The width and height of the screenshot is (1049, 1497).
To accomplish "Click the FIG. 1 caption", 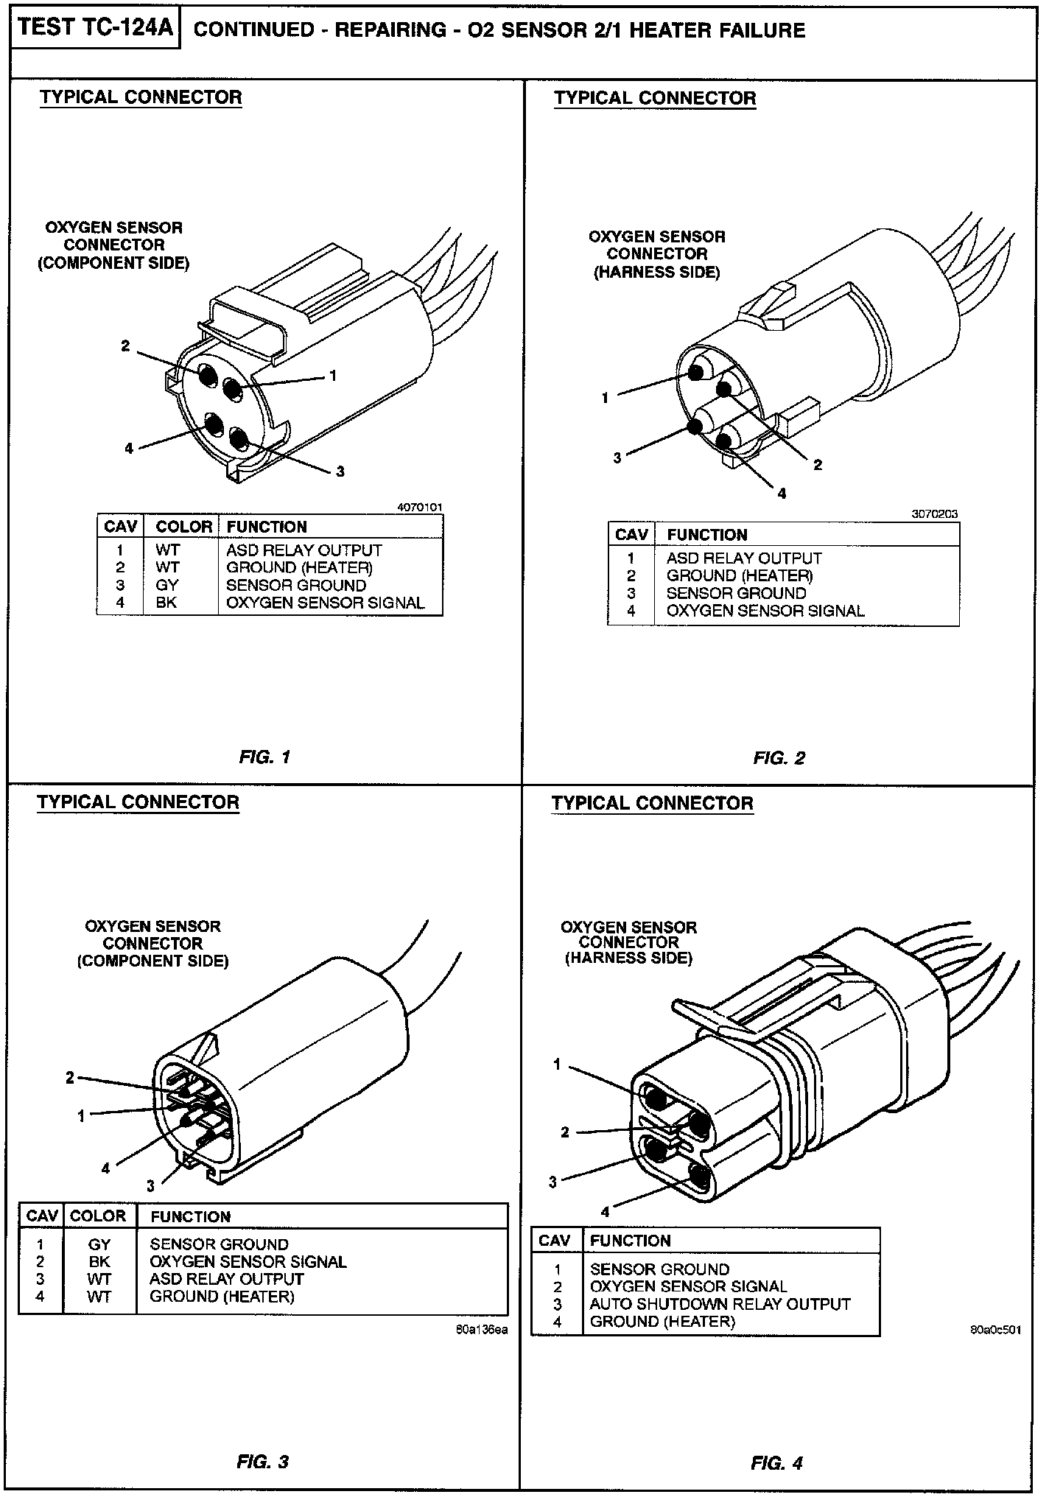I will pos(264,757).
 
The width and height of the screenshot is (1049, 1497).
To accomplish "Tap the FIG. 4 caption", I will pos(777,1463).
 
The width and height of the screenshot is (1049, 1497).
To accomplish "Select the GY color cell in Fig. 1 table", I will pos(166,585).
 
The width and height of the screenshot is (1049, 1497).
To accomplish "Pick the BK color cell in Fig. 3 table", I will pos(99,1261).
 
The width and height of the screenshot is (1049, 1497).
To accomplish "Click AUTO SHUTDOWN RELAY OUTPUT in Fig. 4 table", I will pos(720,1304).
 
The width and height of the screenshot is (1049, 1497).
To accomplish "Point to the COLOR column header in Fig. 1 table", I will pos(183,527).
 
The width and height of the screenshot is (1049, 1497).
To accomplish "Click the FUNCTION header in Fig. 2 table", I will pos(706,535).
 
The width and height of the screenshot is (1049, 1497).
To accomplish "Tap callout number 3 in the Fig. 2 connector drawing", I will pos(617,457).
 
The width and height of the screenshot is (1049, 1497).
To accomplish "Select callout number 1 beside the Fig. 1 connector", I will pos(333,376).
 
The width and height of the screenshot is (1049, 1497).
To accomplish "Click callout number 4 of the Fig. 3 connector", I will pos(106,1168).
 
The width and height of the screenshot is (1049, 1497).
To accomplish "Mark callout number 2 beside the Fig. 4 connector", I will pos(565,1132).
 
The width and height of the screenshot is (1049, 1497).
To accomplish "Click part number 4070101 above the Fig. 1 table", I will pos(420,508).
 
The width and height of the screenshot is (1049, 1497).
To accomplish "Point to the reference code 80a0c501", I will pos(995,1331).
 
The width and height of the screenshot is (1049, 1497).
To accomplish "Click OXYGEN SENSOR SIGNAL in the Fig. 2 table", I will pos(765,611).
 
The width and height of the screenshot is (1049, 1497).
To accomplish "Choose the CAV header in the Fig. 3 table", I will pos(42,1216).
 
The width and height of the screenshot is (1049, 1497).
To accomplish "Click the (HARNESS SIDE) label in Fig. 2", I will pos(656,272).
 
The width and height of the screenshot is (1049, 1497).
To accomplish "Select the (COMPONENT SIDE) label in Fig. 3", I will pos(152,961).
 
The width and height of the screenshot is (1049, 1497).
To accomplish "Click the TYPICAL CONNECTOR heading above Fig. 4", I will pos(652,803).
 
